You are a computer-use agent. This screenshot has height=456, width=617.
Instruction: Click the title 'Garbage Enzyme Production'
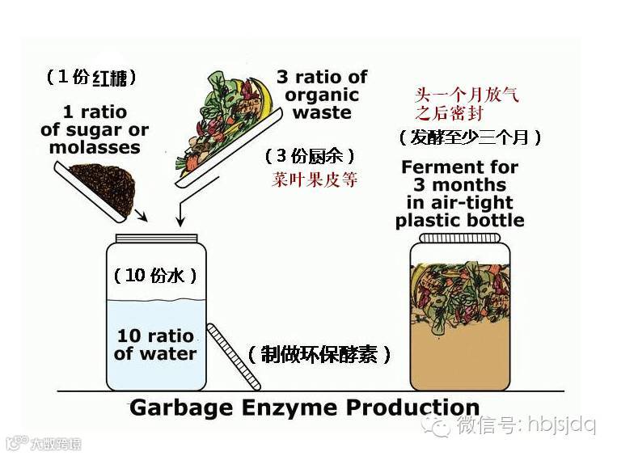tap(304, 407)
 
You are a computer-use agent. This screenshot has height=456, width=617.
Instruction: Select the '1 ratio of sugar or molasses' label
tap(95, 130)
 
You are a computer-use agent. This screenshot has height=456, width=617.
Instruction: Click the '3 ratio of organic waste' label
tap(322, 94)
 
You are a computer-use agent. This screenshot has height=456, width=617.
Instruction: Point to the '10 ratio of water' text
tap(155, 344)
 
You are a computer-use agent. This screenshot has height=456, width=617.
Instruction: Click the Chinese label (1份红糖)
tap(91, 78)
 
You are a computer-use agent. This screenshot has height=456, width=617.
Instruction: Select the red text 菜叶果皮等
tap(315, 179)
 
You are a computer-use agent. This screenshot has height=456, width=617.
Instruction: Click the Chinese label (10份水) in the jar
tap(155, 275)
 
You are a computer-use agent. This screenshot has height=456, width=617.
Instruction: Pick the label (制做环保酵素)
tap(320, 354)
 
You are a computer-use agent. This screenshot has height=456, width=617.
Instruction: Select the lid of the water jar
tap(156, 239)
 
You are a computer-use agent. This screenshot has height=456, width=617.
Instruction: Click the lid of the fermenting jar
tap(459, 240)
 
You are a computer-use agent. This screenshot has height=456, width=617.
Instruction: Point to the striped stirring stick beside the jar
tap(227, 357)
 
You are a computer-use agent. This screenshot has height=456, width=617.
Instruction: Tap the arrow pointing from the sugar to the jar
tap(140, 215)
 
